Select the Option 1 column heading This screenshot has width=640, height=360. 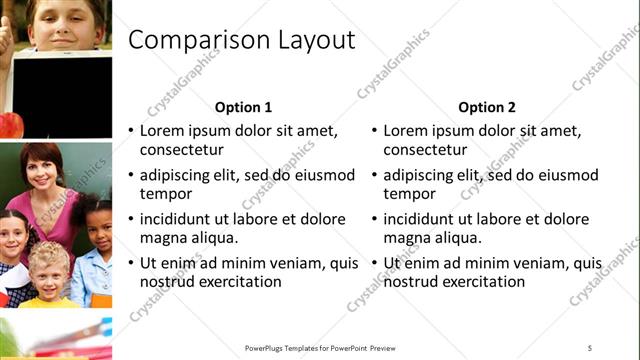(243, 107)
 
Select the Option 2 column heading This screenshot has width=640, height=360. (487, 107)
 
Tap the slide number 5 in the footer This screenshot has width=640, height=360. (589, 347)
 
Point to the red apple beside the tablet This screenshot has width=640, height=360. (10, 125)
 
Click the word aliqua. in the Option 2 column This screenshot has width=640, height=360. (455, 238)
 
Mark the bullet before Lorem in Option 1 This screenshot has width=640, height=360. (130, 131)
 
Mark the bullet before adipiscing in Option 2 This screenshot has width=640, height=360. (374, 175)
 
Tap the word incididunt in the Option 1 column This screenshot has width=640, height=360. (180, 219)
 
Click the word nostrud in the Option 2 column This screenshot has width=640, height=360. (410, 282)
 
